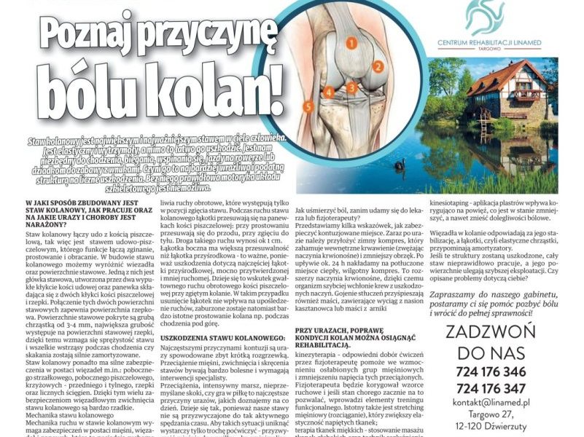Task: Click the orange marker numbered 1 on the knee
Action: tap(351, 44)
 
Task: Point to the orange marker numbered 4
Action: tap(330, 92)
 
